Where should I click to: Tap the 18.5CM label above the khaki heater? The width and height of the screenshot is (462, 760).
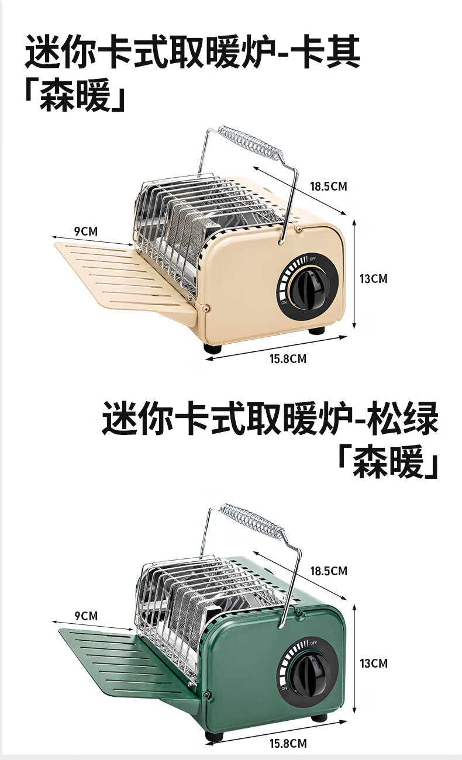tap(328, 187)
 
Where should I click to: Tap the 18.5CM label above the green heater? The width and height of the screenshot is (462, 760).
tap(328, 571)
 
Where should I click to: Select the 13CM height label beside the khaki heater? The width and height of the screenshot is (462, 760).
tap(373, 278)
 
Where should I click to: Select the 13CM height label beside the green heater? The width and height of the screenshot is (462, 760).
tap(373, 663)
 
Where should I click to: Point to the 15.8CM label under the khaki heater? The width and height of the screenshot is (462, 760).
tap(288, 359)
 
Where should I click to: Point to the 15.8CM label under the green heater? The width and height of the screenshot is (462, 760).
tap(288, 744)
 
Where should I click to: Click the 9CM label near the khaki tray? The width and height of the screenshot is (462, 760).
tap(85, 231)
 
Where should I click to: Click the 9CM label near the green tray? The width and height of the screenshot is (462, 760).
tap(85, 616)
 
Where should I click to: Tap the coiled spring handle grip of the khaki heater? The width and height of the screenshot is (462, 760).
tap(252, 141)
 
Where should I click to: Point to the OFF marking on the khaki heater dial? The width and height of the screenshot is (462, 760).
tap(313, 259)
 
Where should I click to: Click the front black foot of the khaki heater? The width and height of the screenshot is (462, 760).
tap(213, 347)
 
